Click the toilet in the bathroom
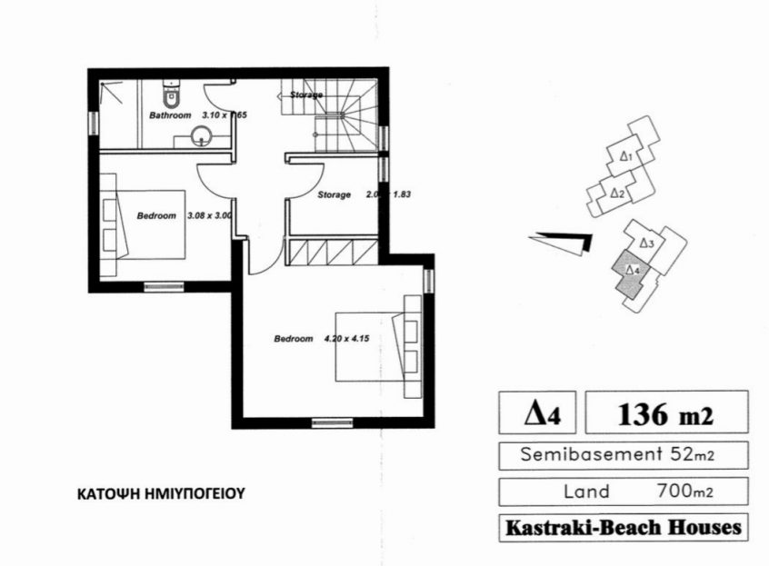pos(171,94)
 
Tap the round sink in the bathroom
pos(203,137)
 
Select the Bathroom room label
pos(170,115)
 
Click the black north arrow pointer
pos(564,242)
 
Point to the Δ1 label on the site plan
pos(625,156)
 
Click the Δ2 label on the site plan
pos(615,193)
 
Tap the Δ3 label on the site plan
pos(646,243)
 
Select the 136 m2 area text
pos(665,415)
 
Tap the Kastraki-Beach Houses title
pos(623,527)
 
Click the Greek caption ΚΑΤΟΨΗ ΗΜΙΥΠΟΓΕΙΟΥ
pos(162,495)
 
